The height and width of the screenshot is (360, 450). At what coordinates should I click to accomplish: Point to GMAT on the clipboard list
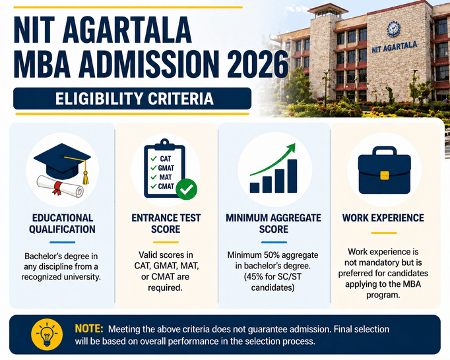tap(166, 168)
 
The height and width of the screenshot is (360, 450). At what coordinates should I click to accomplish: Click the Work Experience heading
tap(383, 218)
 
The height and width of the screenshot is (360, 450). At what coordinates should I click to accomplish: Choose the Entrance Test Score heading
tap(166, 224)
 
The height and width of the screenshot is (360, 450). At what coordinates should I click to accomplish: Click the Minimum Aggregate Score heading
tap(273, 224)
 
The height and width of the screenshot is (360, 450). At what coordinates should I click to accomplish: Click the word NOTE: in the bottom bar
tap(88, 328)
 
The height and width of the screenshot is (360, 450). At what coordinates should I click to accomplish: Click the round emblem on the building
tap(393, 29)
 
